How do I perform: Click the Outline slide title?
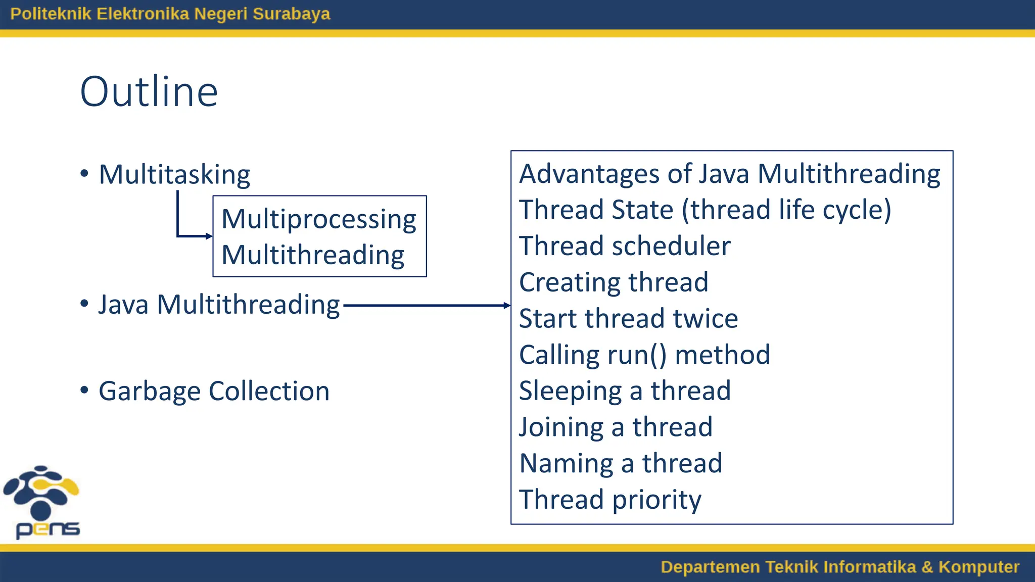point(149,92)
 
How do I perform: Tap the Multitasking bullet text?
point(174,175)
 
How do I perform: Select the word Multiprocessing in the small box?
point(318,219)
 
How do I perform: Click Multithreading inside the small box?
point(313,255)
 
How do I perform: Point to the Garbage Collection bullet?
point(214,392)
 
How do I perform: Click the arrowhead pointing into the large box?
point(506,305)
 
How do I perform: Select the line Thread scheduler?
point(625,247)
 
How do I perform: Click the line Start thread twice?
point(628,319)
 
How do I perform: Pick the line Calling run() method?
point(644,355)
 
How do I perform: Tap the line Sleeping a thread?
point(625,391)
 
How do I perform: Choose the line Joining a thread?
point(616,427)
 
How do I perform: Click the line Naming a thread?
point(621,463)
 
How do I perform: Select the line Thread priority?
point(610,500)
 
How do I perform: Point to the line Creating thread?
point(614,282)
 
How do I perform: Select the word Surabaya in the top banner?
point(291,14)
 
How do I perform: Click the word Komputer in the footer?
point(978,567)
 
